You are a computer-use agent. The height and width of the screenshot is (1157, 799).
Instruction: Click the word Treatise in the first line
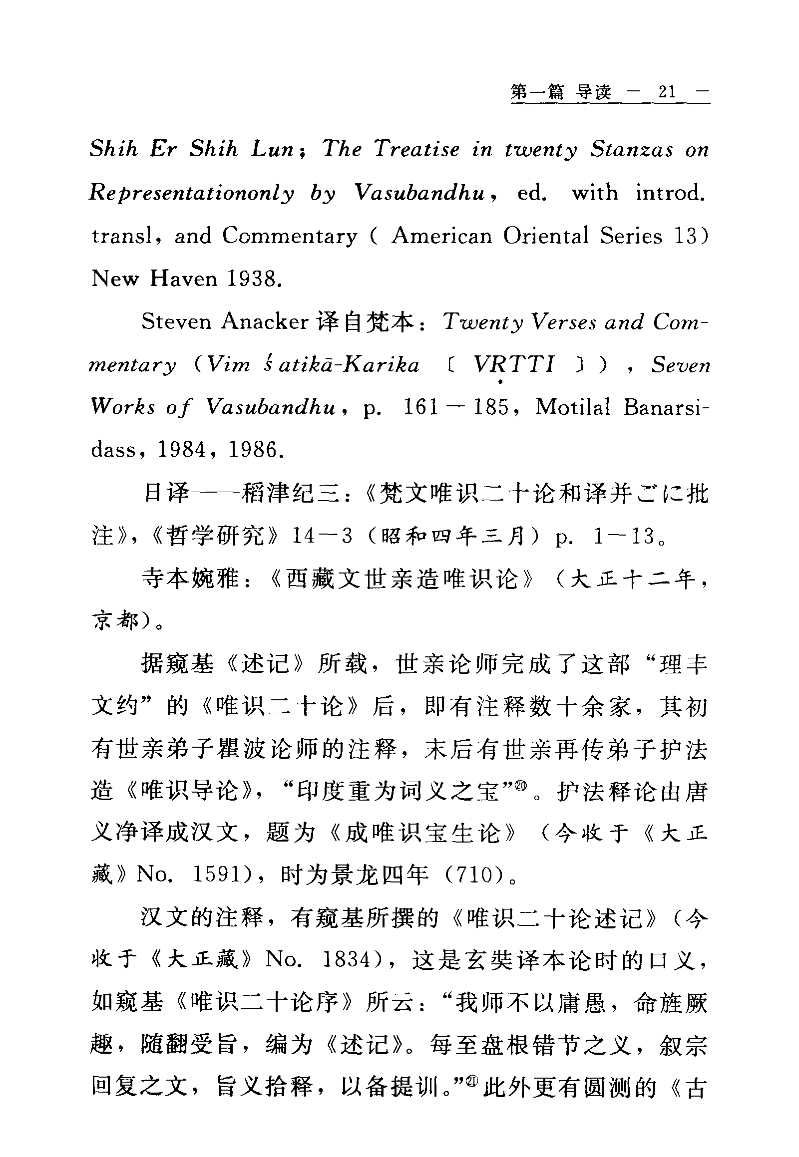416,150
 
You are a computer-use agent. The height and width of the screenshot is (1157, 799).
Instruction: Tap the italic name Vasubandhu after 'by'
419,193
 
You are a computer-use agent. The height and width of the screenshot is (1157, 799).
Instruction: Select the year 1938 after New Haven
252,279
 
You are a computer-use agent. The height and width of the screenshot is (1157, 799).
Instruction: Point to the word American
441,236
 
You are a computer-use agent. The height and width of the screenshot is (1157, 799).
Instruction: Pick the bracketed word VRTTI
514,365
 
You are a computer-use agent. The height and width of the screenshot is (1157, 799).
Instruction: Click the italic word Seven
680,365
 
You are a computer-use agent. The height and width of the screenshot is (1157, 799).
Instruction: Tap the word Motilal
573,407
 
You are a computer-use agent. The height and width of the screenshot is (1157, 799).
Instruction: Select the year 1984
181,450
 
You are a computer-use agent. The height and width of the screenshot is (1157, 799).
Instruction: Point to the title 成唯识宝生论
423,832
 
